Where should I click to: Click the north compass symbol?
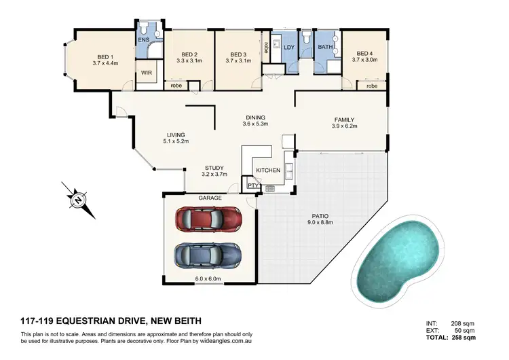pyautogui.click(x=78, y=200)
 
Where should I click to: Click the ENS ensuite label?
pyautogui.click(x=145, y=40)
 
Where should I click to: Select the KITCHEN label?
pyautogui.click(x=267, y=170)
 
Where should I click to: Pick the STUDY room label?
pyautogui.click(x=214, y=168)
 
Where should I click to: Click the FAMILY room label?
pyautogui.click(x=343, y=120)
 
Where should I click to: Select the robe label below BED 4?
pyautogui.click(x=372, y=86)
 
